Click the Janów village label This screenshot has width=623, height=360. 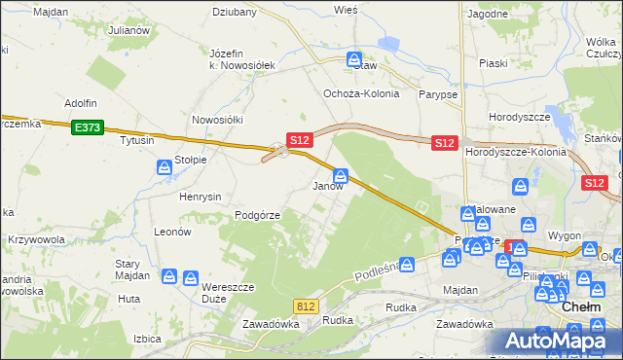[x=327, y=186]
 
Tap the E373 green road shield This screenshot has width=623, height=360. [x=86, y=126]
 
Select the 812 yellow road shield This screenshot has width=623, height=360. [x=306, y=306]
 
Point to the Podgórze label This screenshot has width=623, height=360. [x=257, y=215]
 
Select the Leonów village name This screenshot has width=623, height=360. [x=172, y=232]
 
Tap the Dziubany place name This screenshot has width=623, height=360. [x=235, y=13]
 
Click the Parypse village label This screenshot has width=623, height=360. [x=438, y=94]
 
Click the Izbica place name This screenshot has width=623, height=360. [x=147, y=339]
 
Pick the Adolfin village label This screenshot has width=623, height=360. [x=81, y=102]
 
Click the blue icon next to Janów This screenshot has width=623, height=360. [x=341, y=176]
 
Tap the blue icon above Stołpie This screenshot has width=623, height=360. [x=165, y=169]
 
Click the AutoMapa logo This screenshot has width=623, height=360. [x=557, y=341]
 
